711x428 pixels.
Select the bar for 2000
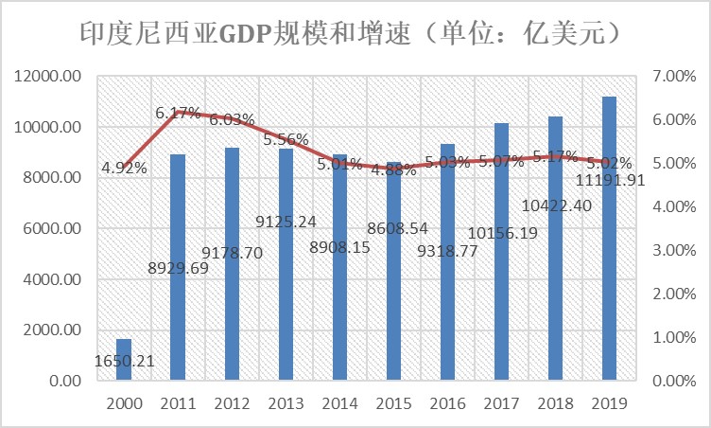coord(124,360)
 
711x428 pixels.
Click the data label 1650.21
coord(124,361)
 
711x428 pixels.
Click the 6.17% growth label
coord(178,114)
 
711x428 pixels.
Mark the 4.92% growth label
coord(125,169)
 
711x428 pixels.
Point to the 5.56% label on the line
coord(286,139)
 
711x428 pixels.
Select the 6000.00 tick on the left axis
coord(55,229)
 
